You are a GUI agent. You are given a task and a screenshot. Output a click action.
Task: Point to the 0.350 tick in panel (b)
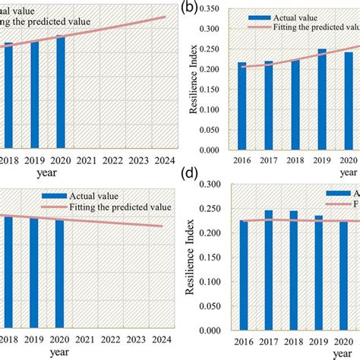[216, 10]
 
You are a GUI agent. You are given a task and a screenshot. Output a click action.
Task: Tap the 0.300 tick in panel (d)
[216, 184]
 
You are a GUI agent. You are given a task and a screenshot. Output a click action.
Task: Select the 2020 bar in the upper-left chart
[61, 91]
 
